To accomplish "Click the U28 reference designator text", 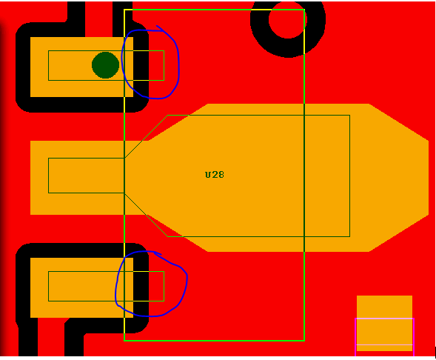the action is click(x=215, y=175).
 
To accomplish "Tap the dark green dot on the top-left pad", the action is click(x=105, y=65).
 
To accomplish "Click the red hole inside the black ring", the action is click(x=288, y=19).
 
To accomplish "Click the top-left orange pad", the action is click(x=81, y=67).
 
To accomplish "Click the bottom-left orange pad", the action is click(x=81, y=287).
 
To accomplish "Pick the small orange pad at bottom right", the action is click(x=384, y=323).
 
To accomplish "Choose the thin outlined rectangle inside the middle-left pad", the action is click(x=48, y=176).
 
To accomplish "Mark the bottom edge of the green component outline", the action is click(x=214, y=340).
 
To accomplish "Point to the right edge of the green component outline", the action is click(x=304, y=175).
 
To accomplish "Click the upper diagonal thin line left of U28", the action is click(x=146, y=136).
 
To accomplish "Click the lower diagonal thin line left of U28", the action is click(x=146, y=215).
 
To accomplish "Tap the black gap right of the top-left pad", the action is click(x=141, y=67).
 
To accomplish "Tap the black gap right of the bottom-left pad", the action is click(x=141, y=288).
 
